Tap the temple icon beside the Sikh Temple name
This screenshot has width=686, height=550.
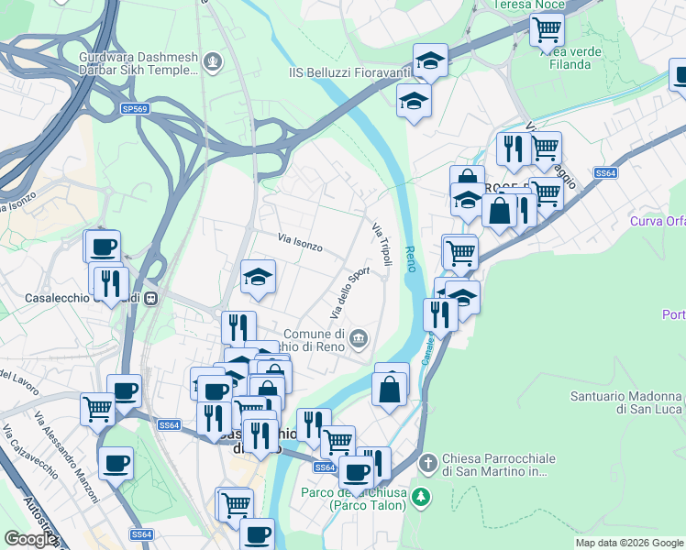click(x=214, y=62)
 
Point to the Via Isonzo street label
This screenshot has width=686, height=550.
click(x=300, y=242)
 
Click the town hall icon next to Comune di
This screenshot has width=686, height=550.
click(x=359, y=340)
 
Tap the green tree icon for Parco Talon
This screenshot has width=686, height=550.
click(x=420, y=497)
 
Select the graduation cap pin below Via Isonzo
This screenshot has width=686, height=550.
click(x=258, y=277)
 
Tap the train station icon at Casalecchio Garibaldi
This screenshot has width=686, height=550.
click(x=155, y=298)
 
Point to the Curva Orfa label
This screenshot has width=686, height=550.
click(x=657, y=222)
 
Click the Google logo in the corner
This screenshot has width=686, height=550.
click(x=30, y=539)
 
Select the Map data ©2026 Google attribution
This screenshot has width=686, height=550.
click(x=629, y=543)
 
